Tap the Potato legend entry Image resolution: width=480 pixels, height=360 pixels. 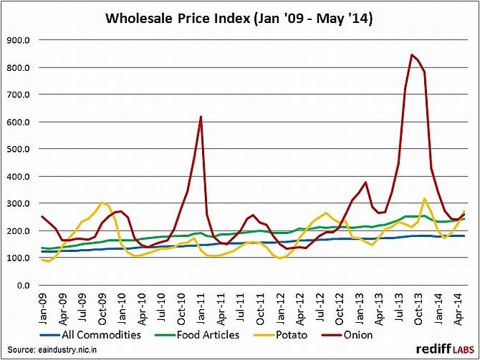pos(294,334)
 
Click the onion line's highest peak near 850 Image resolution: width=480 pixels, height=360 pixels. pos(412,55)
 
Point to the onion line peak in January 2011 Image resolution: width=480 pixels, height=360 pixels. pos(201,117)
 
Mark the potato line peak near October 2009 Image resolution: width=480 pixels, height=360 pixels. pos(102,203)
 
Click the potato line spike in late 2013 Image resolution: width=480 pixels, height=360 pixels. pos(425,199)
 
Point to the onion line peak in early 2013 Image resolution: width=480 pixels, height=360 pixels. pos(366,183)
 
